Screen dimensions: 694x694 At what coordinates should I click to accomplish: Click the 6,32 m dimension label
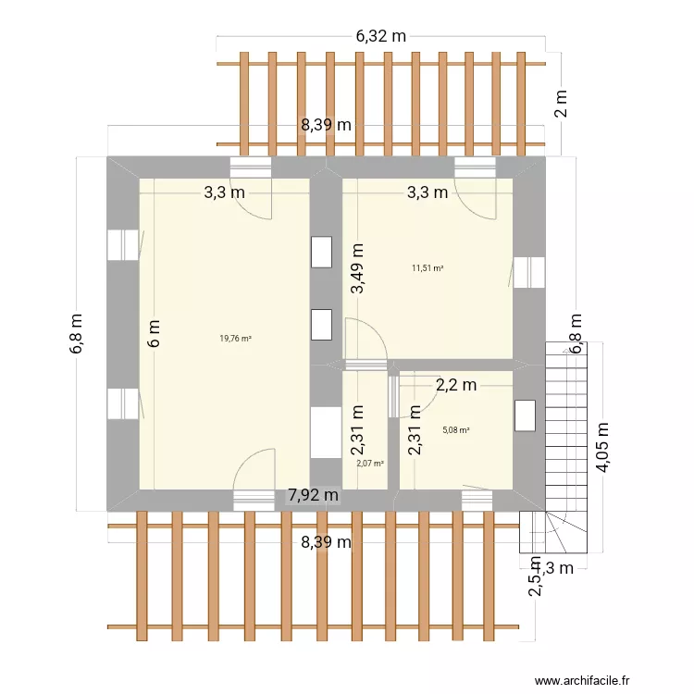click(x=381, y=37)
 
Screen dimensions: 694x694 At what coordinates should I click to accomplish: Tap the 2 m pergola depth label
click(x=561, y=102)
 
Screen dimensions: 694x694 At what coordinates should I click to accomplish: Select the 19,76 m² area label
click(x=235, y=339)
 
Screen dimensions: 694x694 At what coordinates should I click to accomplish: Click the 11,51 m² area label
click(x=428, y=268)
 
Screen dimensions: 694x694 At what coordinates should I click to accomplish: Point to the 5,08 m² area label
click(x=456, y=430)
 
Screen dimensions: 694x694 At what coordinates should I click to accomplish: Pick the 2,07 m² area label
click(x=370, y=463)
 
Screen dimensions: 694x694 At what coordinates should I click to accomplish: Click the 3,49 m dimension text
click(x=357, y=268)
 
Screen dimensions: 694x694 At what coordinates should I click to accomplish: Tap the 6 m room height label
click(x=155, y=333)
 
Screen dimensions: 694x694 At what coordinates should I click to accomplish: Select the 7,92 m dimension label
click(x=313, y=496)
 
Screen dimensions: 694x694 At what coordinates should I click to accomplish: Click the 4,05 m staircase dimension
click(x=603, y=448)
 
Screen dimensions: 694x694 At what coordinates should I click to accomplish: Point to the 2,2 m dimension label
click(x=456, y=384)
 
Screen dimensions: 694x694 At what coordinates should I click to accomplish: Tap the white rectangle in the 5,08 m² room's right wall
click(x=525, y=415)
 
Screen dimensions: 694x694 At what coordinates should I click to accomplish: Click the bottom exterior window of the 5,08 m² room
click(x=477, y=500)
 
